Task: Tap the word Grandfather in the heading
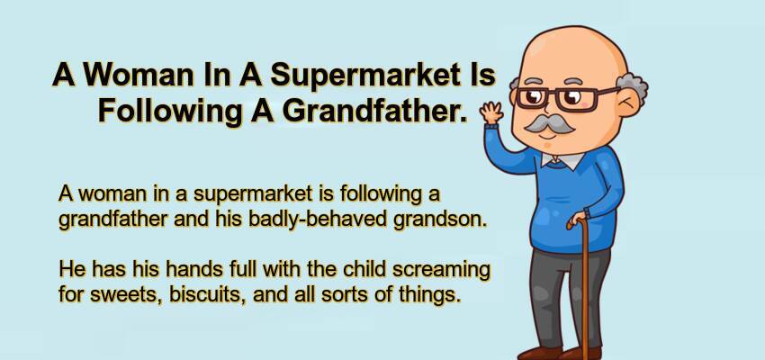pos(373,112)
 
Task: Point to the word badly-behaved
pos(319,220)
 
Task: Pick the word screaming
pos(441,270)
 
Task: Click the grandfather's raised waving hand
pos(491,112)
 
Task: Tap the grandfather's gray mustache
pos(549,124)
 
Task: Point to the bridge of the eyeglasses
pos(553,95)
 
